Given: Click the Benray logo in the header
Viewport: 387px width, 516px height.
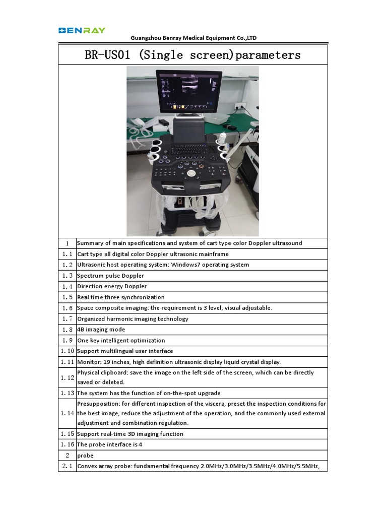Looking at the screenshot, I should click(82, 30).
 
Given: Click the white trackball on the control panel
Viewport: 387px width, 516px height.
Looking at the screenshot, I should click(191, 173).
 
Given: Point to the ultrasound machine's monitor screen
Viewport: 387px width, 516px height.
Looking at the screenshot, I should click(188, 92).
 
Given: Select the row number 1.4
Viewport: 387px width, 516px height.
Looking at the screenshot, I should click(67, 286).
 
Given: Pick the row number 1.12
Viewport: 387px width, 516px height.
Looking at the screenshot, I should click(67, 377).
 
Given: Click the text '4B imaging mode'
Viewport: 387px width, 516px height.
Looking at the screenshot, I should click(101, 330).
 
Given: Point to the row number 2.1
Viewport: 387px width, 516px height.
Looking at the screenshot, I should click(67, 467).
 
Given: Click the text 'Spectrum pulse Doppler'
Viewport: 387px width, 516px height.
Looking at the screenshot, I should click(110, 276).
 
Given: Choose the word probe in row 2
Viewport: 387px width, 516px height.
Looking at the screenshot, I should click(85, 456).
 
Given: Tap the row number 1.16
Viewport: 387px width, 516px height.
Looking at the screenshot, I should click(67, 445).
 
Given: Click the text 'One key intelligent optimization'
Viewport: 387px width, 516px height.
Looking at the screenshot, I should click(121, 340).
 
